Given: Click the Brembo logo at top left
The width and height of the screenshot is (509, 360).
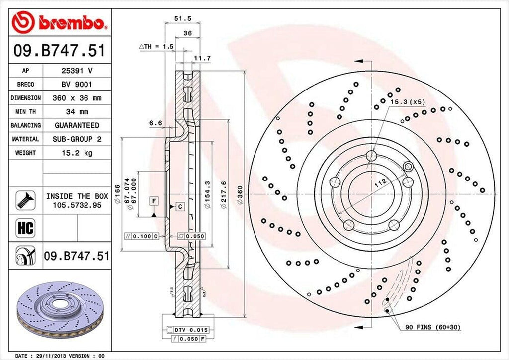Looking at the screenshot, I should (60, 23).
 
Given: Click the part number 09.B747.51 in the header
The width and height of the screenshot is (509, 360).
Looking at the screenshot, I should (60, 50).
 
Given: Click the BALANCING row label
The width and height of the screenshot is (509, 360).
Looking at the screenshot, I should (25, 126).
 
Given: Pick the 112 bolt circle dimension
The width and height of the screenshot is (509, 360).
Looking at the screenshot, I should (380, 183).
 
